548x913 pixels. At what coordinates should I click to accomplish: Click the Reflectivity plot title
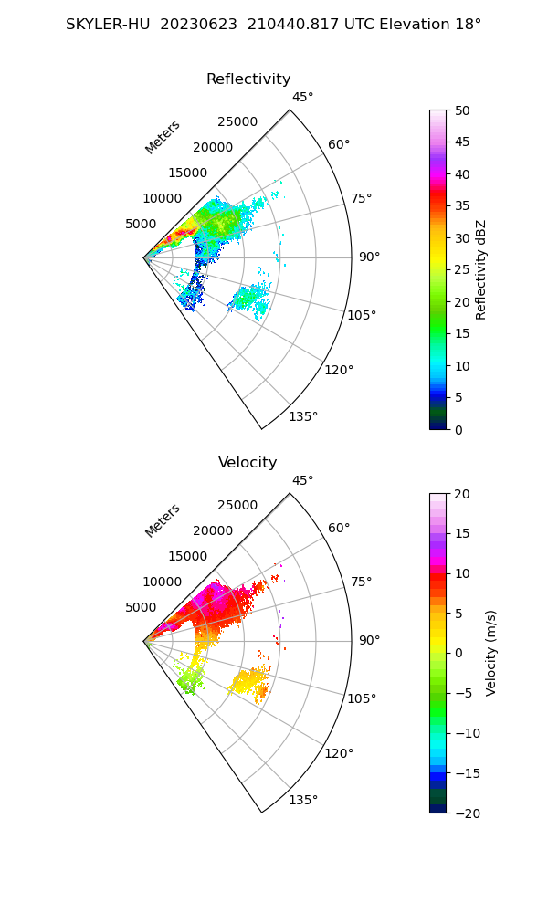(248, 79)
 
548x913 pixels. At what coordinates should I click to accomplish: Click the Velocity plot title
(248, 463)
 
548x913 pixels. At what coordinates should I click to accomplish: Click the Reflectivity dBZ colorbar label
(481, 270)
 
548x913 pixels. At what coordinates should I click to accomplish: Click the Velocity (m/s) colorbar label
(491, 653)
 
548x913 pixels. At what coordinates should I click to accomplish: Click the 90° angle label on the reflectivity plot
(369, 257)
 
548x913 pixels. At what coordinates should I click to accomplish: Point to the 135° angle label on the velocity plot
(303, 801)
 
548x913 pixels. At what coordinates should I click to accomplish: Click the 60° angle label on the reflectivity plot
(339, 144)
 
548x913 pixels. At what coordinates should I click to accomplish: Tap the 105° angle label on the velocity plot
(363, 698)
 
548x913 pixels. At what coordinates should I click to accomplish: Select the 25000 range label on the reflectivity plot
(237, 122)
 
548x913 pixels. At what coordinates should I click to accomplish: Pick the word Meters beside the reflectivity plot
(163, 137)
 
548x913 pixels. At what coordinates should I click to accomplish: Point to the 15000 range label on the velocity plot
(189, 556)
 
